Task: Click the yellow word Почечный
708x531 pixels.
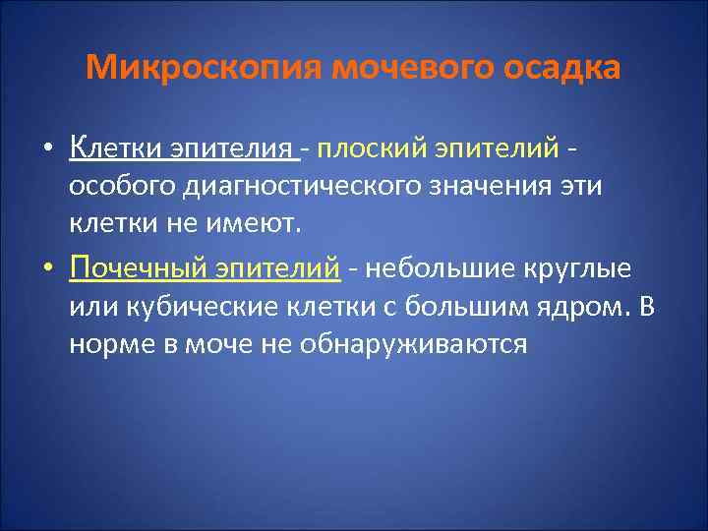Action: coord(134,265)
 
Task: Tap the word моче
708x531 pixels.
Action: coord(210,345)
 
